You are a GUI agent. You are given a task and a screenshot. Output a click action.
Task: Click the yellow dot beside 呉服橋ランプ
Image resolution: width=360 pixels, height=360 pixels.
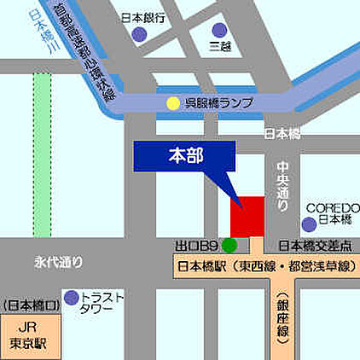coord(174,103)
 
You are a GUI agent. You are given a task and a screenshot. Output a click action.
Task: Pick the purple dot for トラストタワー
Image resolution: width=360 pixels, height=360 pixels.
coord(72,298)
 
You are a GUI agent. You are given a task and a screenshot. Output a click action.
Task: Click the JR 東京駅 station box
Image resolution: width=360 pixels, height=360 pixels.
coord(29,333)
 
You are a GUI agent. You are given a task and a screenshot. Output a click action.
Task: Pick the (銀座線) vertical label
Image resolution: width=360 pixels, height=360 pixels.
coord(284,317)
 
